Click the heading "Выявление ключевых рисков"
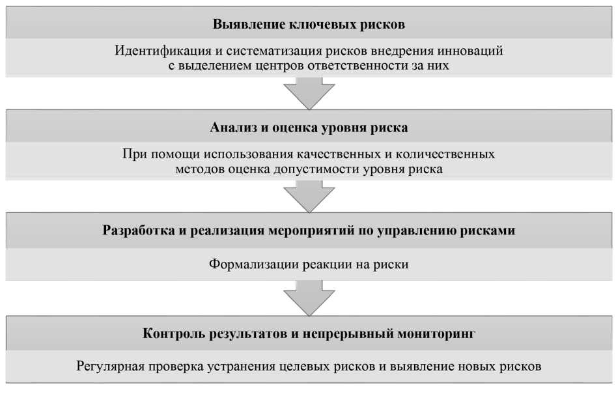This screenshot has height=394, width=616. (309, 25)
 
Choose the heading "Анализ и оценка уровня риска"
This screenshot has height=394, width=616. (309, 128)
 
